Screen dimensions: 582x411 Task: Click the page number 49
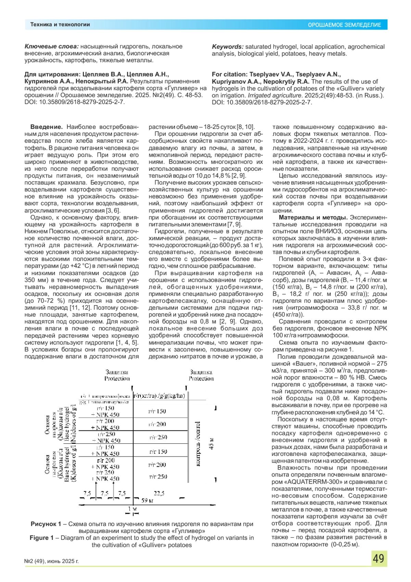pyautogui.click(x=378, y=559)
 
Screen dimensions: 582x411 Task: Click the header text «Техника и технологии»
pyautogui.click(x=60, y=24)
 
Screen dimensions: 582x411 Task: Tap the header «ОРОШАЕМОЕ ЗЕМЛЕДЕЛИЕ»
pyautogui.click(x=344, y=25)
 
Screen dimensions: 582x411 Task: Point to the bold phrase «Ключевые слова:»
pyautogui.click(x=51, y=46)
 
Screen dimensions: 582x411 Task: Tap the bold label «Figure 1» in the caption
pyautogui.click(x=41, y=538)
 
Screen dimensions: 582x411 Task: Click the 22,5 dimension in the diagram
pyautogui.click(x=159, y=493)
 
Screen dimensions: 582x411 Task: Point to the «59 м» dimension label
pyautogui.click(x=147, y=500)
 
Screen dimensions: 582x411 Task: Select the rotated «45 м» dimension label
pyautogui.click(x=211, y=443)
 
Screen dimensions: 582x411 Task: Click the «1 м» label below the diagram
pyautogui.click(x=133, y=509)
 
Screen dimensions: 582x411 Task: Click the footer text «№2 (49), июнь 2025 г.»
pyautogui.click(x=51, y=561)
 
